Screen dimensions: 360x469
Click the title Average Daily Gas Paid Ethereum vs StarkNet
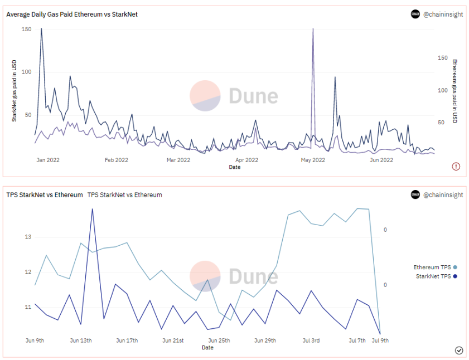click(x=72, y=14)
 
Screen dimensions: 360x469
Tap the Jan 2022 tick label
click(x=48, y=160)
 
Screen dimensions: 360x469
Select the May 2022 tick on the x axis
click(x=313, y=160)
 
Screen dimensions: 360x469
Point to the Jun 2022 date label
click(x=382, y=160)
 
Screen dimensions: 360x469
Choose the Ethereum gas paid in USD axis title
click(x=455, y=91)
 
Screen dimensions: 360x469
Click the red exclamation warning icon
click(x=456, y=166)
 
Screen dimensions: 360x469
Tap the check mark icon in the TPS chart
click(x=459, y=350)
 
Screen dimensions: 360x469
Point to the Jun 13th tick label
click(x=81, y=340)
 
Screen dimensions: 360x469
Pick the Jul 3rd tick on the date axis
click(x=311, y=340)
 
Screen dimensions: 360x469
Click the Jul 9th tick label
click(x=380, y=340)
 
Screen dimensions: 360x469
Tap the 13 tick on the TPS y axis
click(x=27, y=237)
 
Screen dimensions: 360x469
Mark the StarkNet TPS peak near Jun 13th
click(x=92, y=209)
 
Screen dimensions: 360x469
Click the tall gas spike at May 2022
click(x=313, y=29)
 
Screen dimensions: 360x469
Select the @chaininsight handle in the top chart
click(x=443, y=14)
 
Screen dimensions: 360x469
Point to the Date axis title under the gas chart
click(x=235, y=167)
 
